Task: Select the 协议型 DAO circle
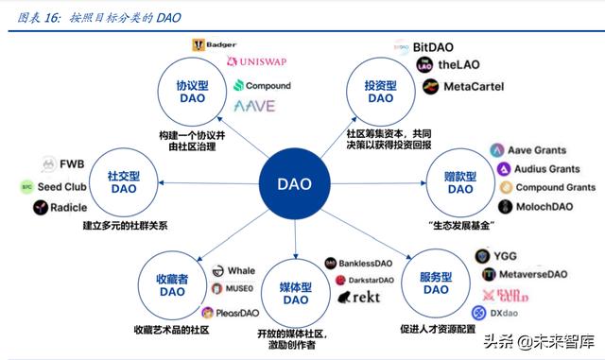[x=190, y=91]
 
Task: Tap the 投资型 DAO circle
[x=379, y=91]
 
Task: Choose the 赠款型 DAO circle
[x=460, y=181]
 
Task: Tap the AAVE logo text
[x=254, y=106]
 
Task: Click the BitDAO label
[x=436, y=46]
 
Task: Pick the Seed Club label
[x=63, y=186]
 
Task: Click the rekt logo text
[x=364, y=297]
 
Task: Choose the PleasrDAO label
[x=236, y=313]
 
